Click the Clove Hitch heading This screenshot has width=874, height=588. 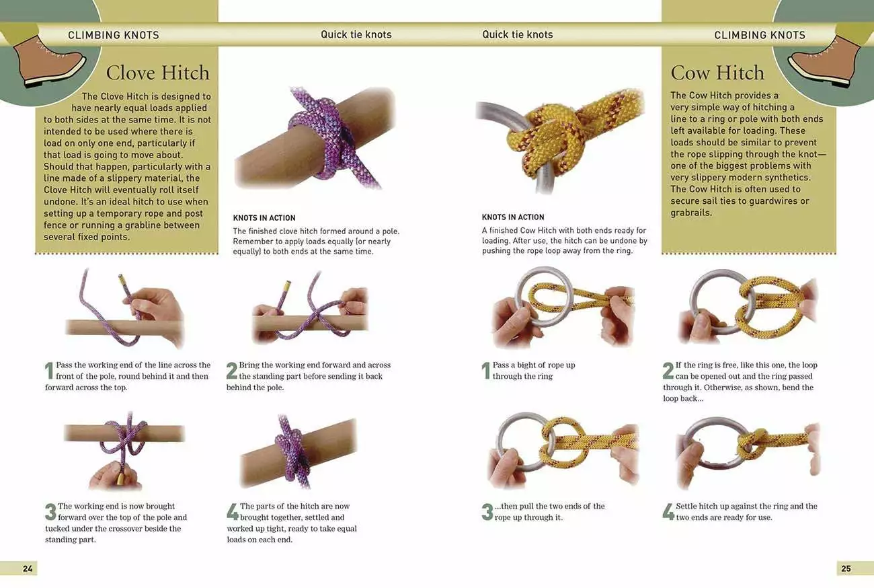point(157,73)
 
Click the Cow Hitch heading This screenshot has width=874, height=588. point(717,73)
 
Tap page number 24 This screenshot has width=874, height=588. point(28,568)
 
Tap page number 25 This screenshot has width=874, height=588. point(846,568)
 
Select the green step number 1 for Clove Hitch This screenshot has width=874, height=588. point(49,371)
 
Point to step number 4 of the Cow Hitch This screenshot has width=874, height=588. point(668,511)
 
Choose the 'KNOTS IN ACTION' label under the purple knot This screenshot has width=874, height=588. point(264,218)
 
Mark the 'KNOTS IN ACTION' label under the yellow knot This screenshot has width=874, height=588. point(513,217)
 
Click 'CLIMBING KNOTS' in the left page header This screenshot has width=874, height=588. point(114,35)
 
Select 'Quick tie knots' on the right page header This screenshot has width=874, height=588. point(518,34)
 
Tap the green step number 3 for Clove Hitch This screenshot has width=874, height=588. point(50,512)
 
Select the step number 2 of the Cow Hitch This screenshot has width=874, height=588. point(668,371)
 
